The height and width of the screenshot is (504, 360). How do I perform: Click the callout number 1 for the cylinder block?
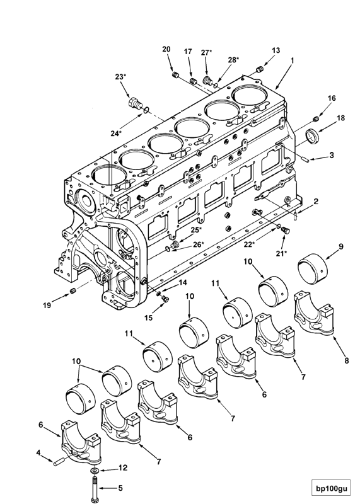(x=293, y=60)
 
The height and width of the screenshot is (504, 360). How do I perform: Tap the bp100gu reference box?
(x=332, y=489)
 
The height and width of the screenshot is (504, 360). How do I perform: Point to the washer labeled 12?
(x=95, y=471)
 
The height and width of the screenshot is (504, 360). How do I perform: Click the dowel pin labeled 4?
(x=59, y=462)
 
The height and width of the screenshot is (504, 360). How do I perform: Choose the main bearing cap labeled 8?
(x=314, y=314)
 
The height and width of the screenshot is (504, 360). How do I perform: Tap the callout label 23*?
(x=120, y=77)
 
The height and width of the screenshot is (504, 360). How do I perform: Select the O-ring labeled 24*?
(x=146, y=110)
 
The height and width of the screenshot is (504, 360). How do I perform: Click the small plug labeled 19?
(x=73, y=291)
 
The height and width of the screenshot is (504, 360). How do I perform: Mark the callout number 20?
(x=166, y=49)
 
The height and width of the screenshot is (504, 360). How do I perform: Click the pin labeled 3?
(x=306, y=159)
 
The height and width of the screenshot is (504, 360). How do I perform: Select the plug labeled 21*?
(x=286, y=230)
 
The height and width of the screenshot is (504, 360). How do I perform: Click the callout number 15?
(x=149, y=318)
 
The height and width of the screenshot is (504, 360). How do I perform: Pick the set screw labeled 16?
(x=316, y=119)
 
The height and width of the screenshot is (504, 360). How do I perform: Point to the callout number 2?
(x=316, y=202)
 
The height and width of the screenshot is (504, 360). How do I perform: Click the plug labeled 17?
(x=194, y=81)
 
